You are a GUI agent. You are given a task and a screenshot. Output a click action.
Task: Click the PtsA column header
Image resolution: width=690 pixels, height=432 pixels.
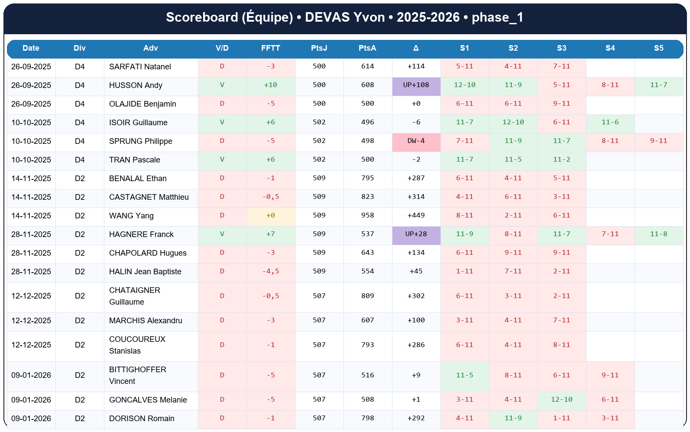coord(367,48)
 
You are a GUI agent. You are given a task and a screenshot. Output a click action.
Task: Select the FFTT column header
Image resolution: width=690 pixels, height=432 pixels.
coord(270,48)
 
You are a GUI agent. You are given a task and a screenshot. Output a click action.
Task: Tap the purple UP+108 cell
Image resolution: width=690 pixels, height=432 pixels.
coord(416,85)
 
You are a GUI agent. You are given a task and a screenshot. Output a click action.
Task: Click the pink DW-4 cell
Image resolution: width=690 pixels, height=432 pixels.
coord(416,141)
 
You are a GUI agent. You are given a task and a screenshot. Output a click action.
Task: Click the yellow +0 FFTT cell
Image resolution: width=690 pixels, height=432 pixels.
coord(270,216)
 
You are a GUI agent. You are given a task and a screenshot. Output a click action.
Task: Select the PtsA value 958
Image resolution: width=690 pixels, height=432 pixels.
coord(367,216)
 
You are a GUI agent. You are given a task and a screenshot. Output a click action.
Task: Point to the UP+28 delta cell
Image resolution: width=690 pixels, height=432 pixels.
coord(416,234)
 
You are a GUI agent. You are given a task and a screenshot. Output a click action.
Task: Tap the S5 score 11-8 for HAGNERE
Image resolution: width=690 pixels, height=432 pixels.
coord(658,234)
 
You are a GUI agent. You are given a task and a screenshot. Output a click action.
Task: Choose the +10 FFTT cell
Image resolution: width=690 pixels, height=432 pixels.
coord(270,85)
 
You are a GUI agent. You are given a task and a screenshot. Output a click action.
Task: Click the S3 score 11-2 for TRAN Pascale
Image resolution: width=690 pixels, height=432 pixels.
coord(561,160)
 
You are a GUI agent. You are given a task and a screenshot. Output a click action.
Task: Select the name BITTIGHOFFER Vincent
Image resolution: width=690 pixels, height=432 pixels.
coord(137,375)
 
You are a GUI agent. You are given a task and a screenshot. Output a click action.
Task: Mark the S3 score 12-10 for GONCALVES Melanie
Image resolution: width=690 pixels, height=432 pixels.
coord(561,400)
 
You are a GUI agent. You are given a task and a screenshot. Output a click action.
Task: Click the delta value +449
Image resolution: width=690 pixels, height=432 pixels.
coord(416,216)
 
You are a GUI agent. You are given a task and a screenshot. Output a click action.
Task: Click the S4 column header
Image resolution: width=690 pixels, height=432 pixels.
coord(610,48)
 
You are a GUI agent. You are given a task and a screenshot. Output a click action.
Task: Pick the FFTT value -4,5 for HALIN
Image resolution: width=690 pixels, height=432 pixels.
coord(270,272)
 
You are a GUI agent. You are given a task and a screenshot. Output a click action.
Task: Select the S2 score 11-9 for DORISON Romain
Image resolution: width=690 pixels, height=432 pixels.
coord(513,419)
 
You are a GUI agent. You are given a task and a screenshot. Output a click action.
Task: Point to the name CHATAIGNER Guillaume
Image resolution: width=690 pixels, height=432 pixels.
coord(134,296)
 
